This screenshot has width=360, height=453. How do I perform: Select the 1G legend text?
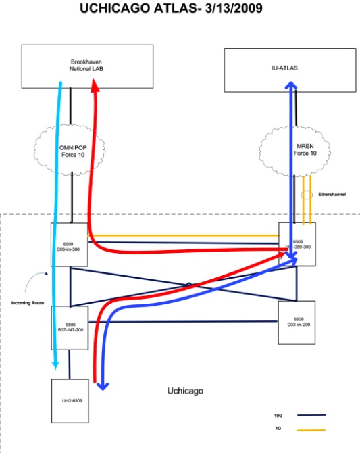(x=279, y=430)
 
